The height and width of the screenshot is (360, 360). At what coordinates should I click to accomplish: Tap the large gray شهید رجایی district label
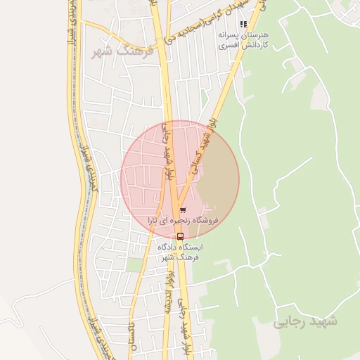pyautogui.click(x=306, y=321)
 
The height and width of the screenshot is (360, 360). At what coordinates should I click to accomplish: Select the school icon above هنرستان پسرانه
pyautogui.click(x=243, y=24)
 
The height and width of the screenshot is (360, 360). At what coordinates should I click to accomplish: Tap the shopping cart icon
pyautogui.click(x=183, y=210)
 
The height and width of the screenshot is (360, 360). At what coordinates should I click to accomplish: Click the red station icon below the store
pyautogui.click(x=180, y=236)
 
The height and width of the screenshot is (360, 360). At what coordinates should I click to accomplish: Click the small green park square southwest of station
pyautogui.click(x=134, y=264)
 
